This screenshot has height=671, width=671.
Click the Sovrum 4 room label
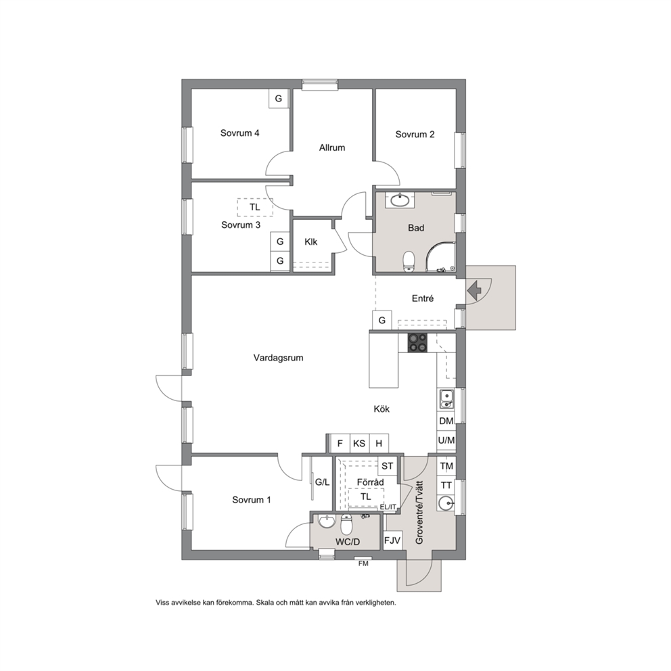tap(239, 133)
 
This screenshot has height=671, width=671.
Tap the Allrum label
tap(332, 147)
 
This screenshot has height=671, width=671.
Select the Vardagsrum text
tap(278, 358)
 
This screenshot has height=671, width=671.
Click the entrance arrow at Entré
tap(474, 291)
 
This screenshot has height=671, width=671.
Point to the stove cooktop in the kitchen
tap(417, 343)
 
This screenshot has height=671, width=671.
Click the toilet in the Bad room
tap(409, 261)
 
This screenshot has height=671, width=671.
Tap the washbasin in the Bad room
tap(400, 200)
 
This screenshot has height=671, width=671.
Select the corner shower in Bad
tap(440, 257)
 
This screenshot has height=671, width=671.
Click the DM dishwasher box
tap(446, 421)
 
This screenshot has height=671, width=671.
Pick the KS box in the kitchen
tap(359, 443)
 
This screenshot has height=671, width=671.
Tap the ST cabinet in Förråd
tap(388, 466)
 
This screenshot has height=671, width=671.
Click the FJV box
tap(392, 540)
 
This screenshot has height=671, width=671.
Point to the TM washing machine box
tap(446, 466)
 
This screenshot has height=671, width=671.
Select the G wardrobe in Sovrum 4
tap(279, 99)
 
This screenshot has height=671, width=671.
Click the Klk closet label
tap(311, 241)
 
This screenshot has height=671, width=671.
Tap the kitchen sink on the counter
tap(446, 399)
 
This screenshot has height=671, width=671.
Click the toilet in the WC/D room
tap(346, 524)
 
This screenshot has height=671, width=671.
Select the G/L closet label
tap(322, 482)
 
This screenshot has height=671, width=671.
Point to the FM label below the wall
tap(363, 564)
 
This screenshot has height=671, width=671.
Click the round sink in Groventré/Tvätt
tap(446, 503)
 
